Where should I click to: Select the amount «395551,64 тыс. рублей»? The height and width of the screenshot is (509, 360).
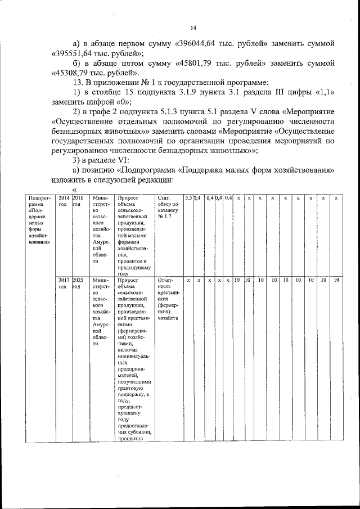point(97,53)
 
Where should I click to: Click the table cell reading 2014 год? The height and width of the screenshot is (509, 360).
point(63,201)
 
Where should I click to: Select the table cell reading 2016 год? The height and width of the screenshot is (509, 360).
point(78,201)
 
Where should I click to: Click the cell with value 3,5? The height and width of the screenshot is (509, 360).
point(189,198)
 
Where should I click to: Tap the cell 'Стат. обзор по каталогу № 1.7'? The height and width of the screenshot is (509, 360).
point(168,206)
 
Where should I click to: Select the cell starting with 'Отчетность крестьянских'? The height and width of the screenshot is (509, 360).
point(168,298)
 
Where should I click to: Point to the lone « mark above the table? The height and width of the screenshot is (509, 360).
point(74,190)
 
